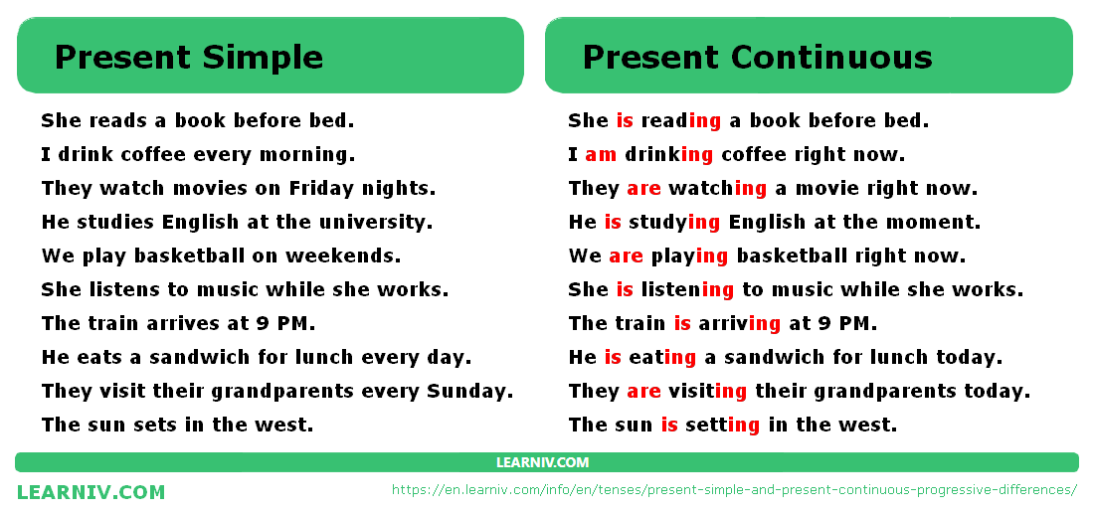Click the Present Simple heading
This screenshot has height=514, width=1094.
pyautogui.click(x=188, y=58)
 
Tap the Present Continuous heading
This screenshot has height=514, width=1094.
pyautogui.click(x=757, y=57)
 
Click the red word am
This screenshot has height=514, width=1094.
pyautogui.click(x=601, y=155)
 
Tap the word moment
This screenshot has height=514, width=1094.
pyautogui.click(x=934, y=223)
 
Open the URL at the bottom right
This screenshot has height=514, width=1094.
pyautogui.click(x=735, y=489)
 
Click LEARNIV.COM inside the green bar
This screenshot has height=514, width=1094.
pyautogui.click(x=542, y=462)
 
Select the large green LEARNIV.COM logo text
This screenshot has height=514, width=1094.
pyautogui.click(x=91, y=492)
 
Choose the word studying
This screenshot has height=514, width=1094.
pyautogui.click(x=674, y=223)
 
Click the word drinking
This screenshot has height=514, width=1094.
pyautogui.click(x=668, y=155)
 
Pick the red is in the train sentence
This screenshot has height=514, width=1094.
pyautogui.click(x=682, y=323)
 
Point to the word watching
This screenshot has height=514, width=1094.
pyautogui.click(x=717, y=189)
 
